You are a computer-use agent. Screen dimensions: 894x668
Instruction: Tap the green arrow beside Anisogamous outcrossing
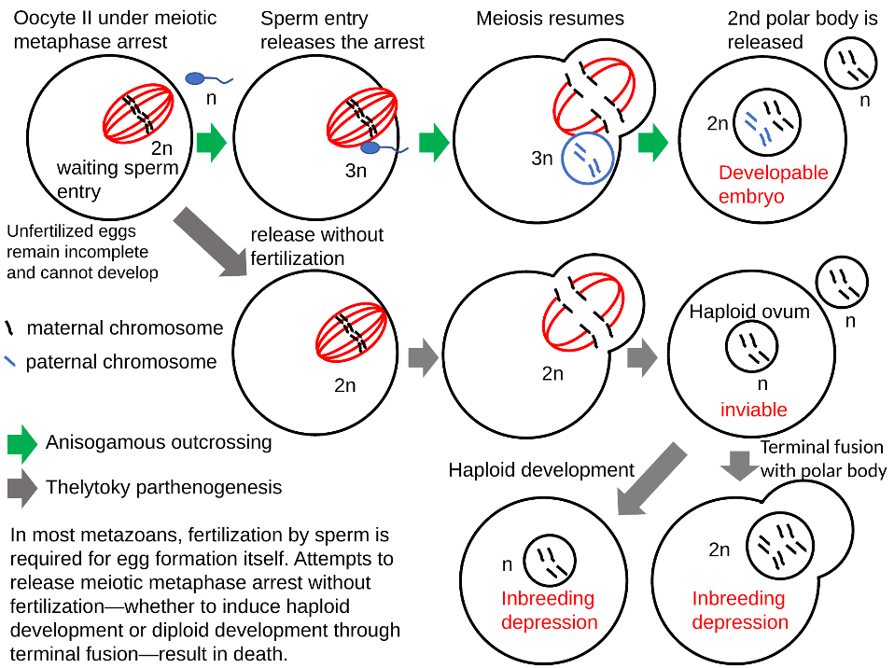click(21, 443)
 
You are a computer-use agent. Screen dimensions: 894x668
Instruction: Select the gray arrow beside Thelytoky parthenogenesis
click(21, 488)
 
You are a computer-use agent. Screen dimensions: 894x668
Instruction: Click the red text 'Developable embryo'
click(773, 184)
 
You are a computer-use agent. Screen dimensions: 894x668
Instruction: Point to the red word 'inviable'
click(753, 410)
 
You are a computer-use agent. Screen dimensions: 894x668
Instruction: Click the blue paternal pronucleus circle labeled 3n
click(588, 158)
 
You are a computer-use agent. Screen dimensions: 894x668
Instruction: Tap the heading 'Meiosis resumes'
click(550, 19)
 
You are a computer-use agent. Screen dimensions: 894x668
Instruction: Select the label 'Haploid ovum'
click(749, 312)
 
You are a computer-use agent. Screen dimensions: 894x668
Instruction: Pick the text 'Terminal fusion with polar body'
click(823, 459)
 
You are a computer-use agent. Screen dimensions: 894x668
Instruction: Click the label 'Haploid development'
click(541, 470)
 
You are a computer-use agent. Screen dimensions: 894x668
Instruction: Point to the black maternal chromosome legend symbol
click(8, 327)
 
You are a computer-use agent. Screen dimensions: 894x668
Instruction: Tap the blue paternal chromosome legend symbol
click(9, 361)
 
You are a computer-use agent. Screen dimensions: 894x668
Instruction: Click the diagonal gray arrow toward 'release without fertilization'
click(210, 243)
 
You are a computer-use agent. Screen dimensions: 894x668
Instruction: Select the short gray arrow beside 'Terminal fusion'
click(739, 466)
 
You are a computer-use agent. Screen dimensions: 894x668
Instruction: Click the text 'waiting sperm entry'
click(118, 179)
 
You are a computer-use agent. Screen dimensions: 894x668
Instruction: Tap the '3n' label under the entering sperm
click(356, 171)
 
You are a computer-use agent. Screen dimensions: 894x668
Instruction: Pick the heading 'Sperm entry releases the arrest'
click(342, 30)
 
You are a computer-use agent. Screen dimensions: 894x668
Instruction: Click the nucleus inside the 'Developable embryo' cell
click(767, 122)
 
